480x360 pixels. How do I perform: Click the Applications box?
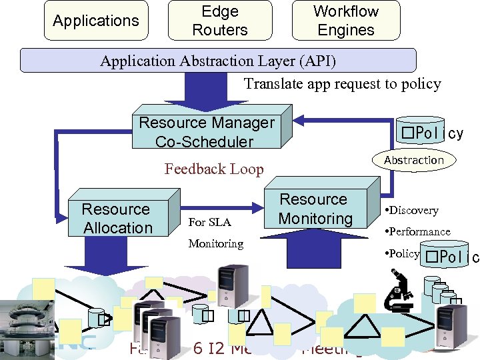(95, 21)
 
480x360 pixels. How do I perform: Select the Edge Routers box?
(219, 21)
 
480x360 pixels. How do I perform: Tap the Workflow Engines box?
(345, 21)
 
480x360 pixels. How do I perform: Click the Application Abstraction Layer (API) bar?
(218, 61)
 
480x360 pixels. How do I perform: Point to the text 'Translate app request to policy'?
(342, 83)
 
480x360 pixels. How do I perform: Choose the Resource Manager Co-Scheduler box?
(206, 132)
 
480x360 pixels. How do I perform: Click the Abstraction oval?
(413, 160)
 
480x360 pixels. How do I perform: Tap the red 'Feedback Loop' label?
(214, 169)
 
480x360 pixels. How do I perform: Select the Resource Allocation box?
(117, 219)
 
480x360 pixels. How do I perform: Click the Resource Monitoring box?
(315, 209)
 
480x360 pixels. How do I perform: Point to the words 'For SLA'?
(210, 222)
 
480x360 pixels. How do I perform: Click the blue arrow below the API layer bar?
(197, 89)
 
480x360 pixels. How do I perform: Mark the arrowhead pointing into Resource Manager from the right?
(301, 121)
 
